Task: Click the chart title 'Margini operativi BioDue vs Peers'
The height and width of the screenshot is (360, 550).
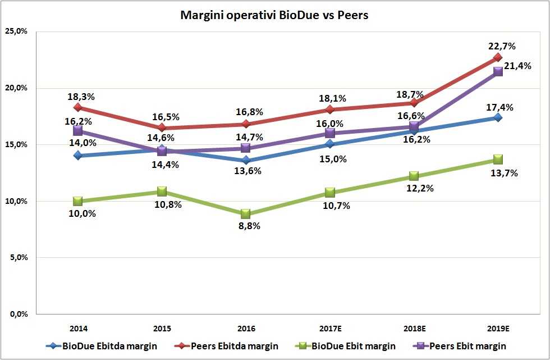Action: [274, 15]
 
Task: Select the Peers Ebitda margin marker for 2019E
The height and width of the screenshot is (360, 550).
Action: [498, 57]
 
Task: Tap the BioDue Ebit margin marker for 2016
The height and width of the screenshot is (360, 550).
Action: [246, 214]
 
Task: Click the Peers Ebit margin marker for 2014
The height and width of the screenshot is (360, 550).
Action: [78, 130]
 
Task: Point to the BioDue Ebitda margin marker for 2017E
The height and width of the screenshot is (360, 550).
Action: [330, 144]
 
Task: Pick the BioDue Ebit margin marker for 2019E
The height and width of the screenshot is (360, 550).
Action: [498, 160]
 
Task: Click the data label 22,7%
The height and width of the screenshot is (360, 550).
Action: [502, 46]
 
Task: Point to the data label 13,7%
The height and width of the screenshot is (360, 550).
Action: [504, 173]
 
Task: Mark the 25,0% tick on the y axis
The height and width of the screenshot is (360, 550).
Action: [17, 31]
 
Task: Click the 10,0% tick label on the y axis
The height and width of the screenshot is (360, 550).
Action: [17, 201]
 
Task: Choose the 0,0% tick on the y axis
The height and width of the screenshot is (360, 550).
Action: [19, 314]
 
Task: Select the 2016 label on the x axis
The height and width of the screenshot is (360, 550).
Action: [246, 327]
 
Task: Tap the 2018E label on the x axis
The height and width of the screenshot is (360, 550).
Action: [414, 327]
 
